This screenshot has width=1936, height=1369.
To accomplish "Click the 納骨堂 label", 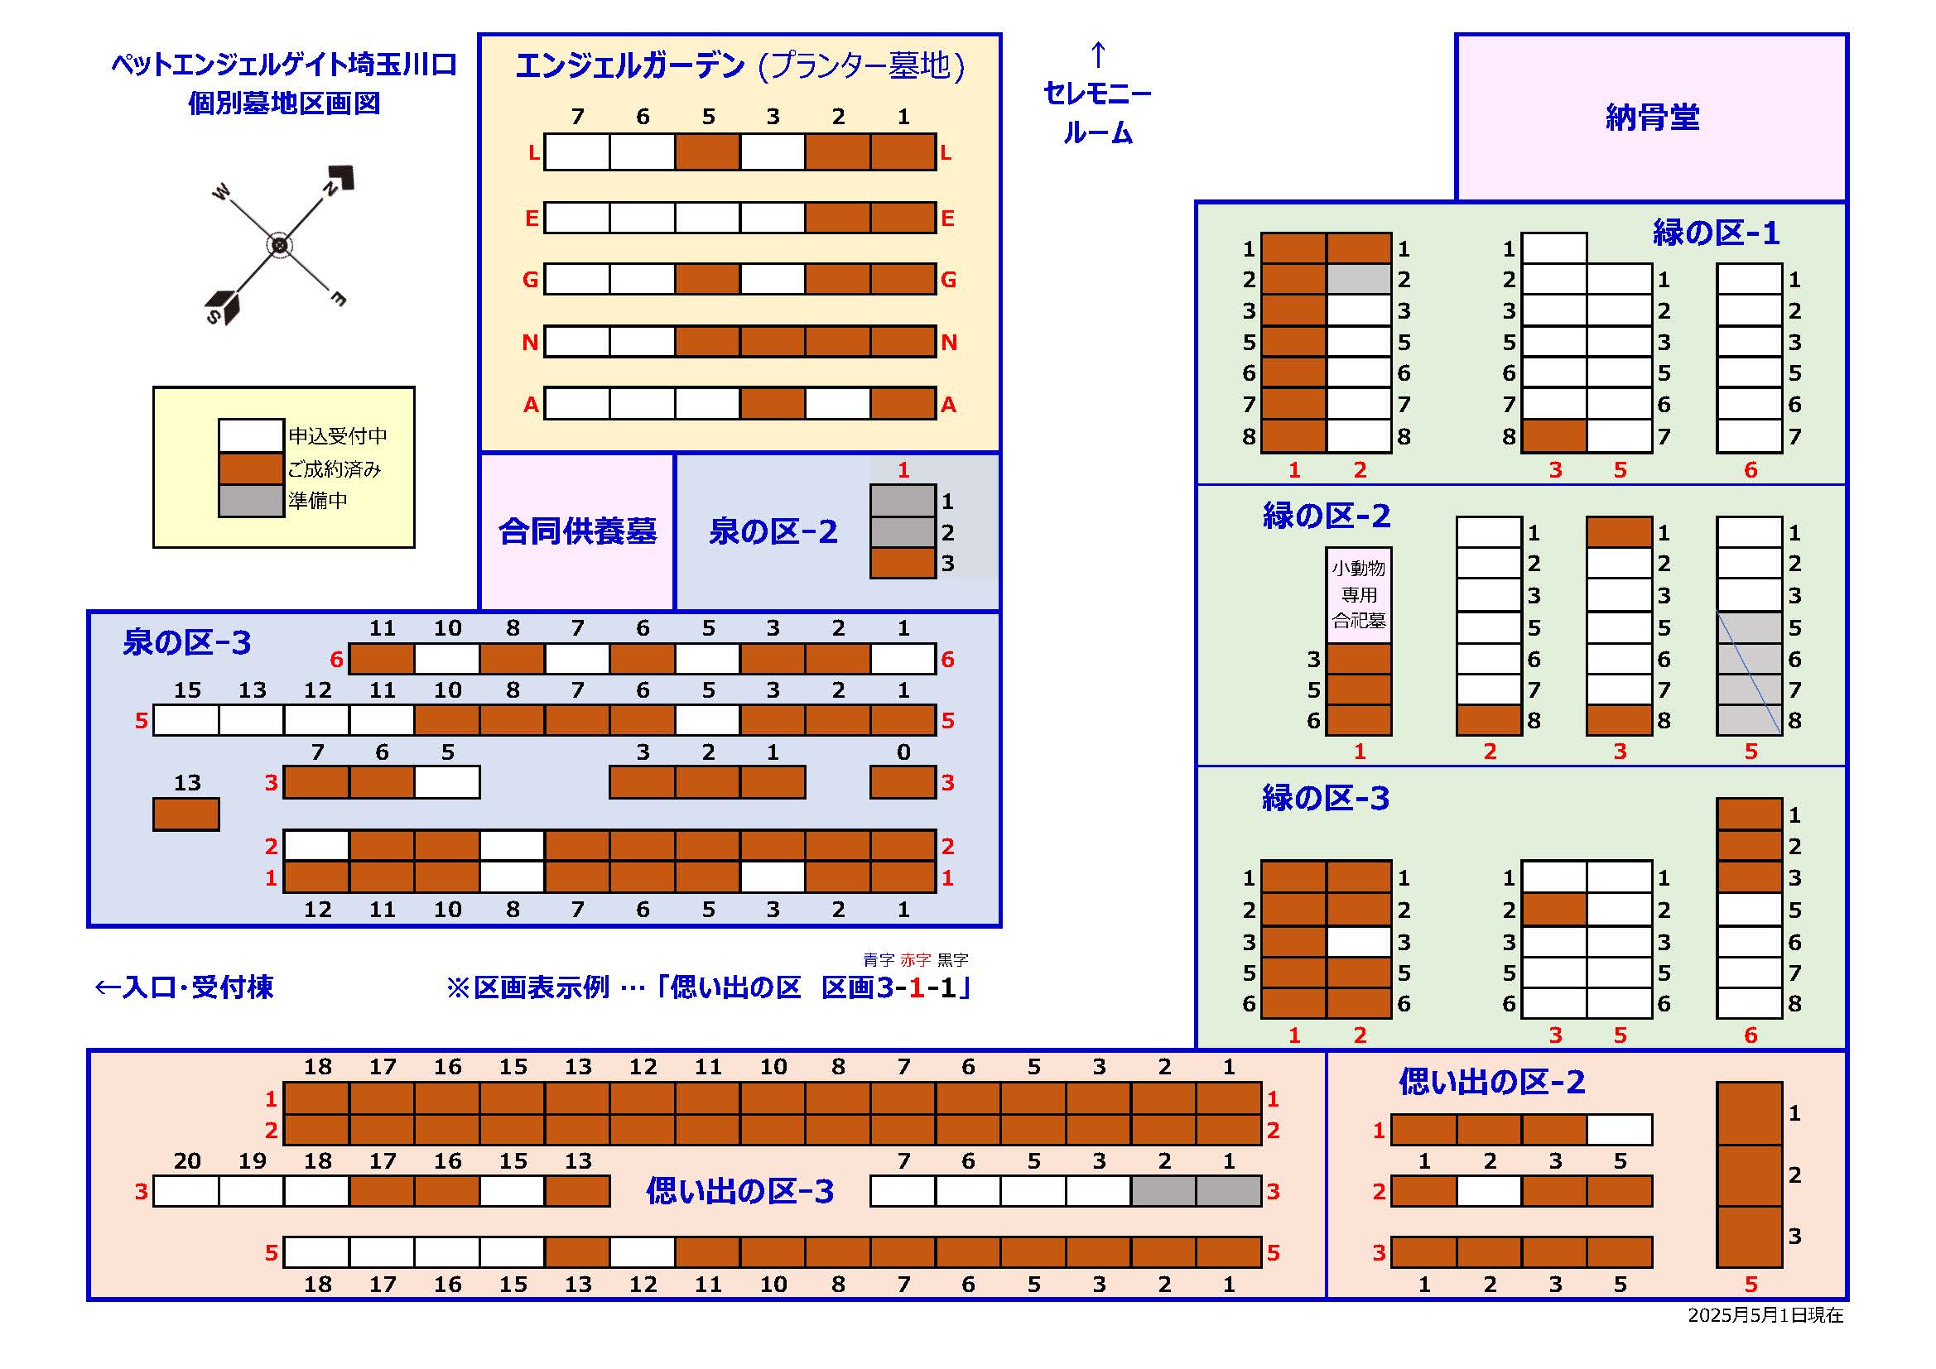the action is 1652,118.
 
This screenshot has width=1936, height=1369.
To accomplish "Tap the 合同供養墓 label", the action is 577,531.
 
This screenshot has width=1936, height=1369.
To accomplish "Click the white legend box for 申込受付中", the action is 250,436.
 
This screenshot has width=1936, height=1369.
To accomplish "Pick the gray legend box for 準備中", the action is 250,500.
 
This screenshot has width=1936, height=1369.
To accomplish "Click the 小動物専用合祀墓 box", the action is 1358,594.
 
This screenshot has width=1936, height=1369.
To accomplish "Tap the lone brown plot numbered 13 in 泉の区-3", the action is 186,814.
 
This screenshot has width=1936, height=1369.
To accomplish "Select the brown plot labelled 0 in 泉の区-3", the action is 903,782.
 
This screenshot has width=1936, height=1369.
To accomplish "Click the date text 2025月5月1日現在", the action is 1765,1315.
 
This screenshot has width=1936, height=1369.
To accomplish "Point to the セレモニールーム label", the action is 1097,112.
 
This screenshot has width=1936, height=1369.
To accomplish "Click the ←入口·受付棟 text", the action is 184,987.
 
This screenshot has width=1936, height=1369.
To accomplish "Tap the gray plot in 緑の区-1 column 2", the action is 1358,279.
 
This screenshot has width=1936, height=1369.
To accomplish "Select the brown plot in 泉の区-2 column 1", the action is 903,563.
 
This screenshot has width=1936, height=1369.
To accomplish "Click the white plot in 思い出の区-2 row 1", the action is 1619,1130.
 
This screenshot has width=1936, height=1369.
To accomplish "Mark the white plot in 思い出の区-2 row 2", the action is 1489,1191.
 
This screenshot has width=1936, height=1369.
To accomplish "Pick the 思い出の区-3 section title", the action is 739,1191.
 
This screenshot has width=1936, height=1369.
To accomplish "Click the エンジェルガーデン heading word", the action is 630,65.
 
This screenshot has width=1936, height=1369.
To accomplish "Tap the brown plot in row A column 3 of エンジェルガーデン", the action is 773,404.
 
